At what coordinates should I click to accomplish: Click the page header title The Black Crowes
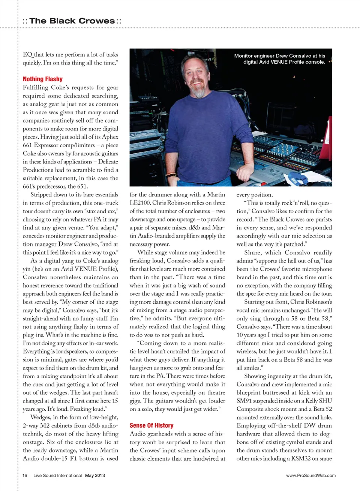(x=72, y=21)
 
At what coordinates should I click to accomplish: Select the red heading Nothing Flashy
(x=43, y=79)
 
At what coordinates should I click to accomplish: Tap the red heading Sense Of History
(x=151, y=425)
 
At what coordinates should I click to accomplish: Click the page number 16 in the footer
(x=25, y=475)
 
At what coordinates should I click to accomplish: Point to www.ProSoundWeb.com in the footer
(x=310, y=475)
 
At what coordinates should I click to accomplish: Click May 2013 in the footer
(x=95, y=475)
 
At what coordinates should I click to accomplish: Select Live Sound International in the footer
(x=57, y=475)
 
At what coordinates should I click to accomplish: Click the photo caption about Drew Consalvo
(x=280, y=59)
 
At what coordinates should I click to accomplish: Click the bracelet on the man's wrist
(x=171, y=175)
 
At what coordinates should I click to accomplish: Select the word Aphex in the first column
(x=110, y=137)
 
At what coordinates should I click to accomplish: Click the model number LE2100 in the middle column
(x=140, y=203)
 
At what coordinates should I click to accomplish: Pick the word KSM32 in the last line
(x=302, y=458)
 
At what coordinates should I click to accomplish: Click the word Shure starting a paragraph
(x=252, y=253)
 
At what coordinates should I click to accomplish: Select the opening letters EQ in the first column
(x=28, y=54)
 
